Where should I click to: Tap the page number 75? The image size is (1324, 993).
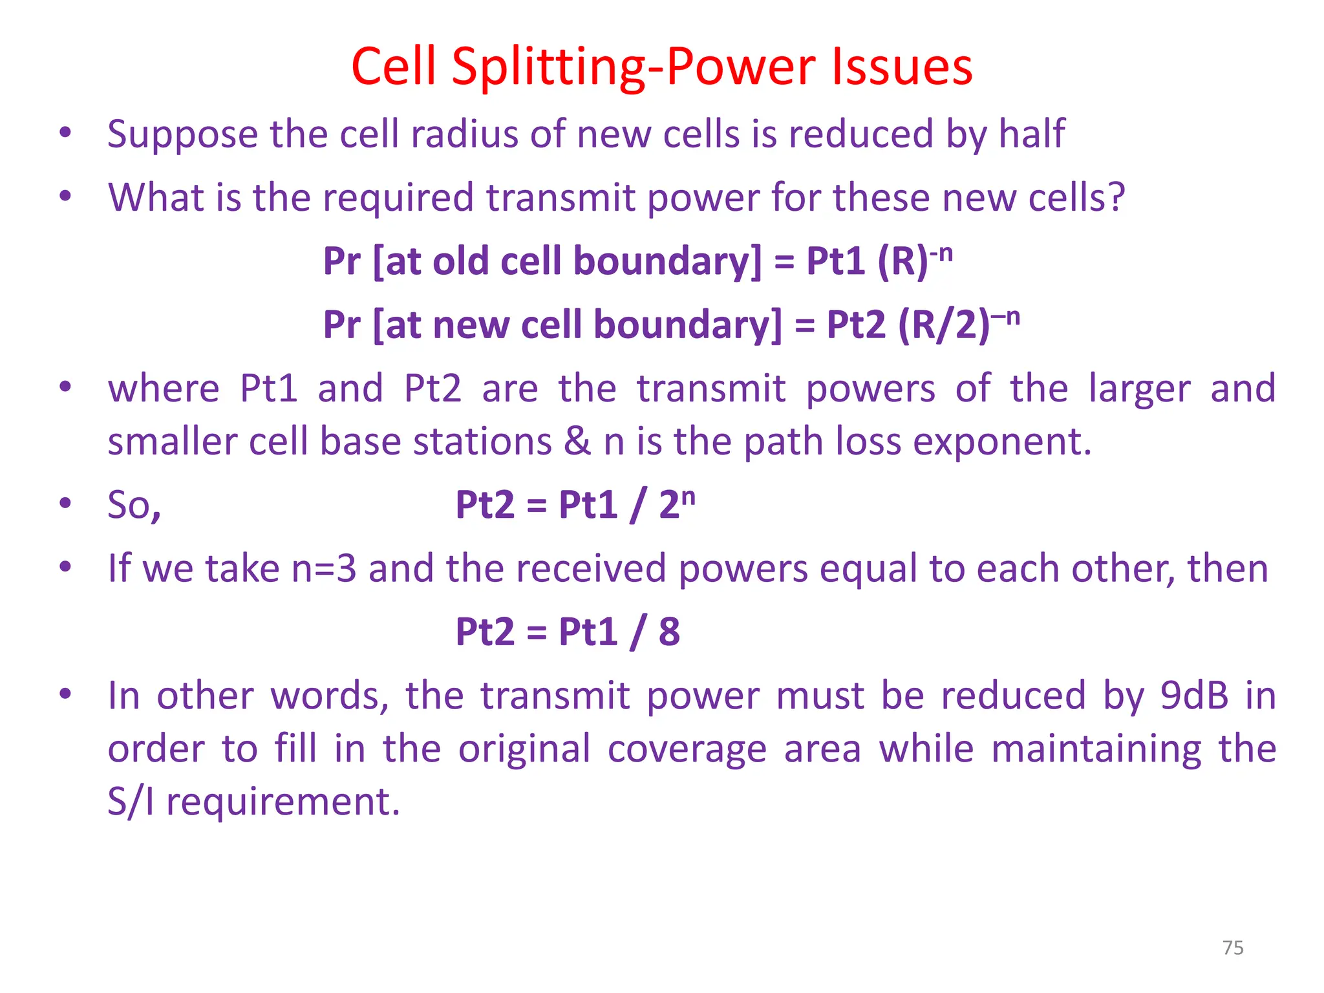pos(1233,948)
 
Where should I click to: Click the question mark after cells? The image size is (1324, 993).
pos(1116,197)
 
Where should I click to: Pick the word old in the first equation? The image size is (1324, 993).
pos(460,261)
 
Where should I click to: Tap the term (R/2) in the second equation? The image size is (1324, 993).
pos(944,325)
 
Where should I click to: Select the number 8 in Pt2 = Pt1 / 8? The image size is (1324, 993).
pos(669,632)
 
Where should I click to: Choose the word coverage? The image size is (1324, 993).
pos(687,749)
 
